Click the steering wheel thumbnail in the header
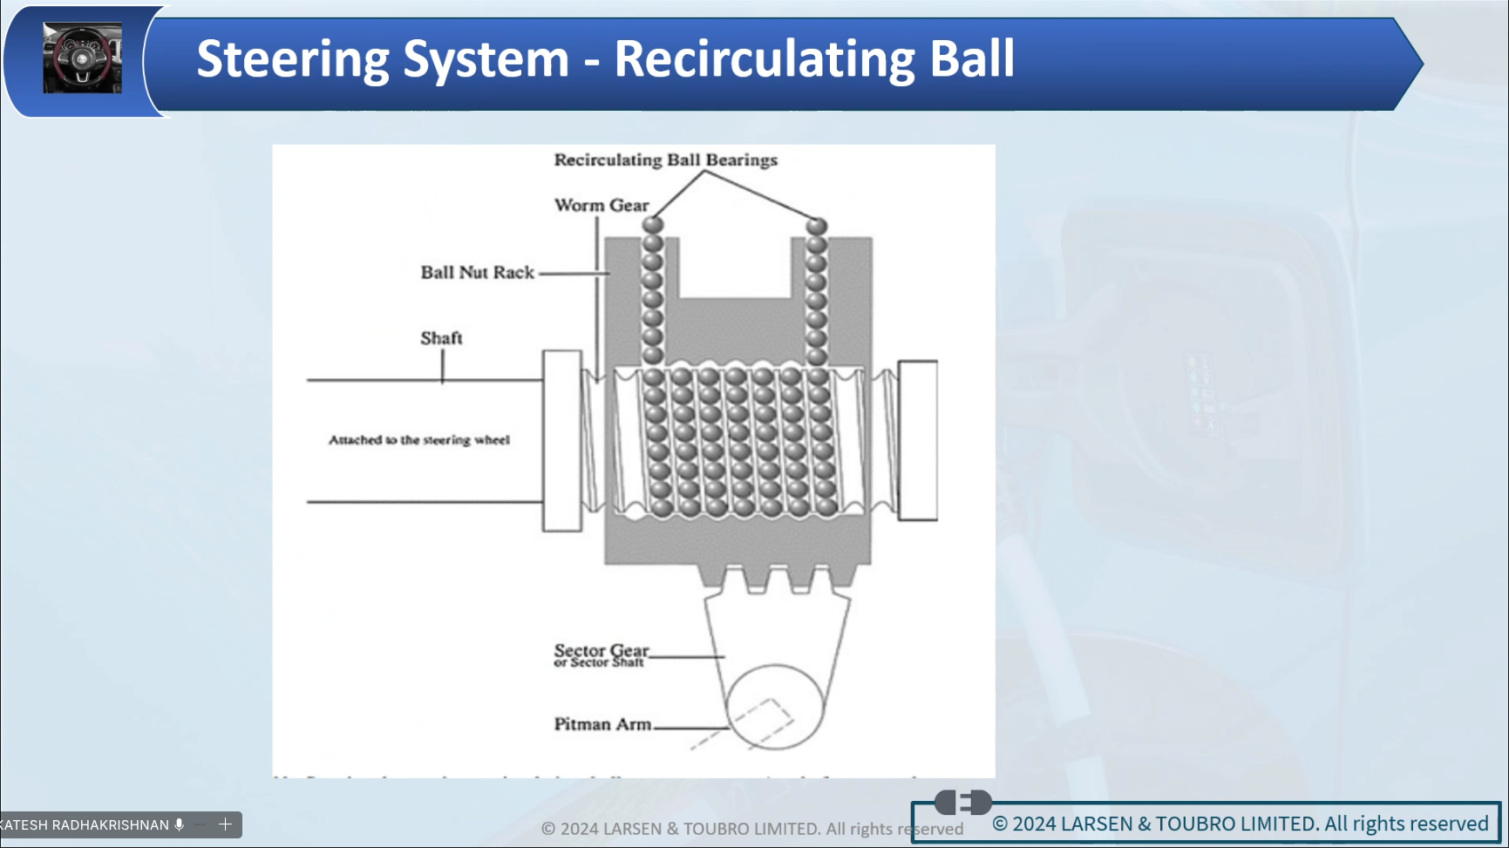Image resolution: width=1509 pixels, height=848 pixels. (x=82, y=58)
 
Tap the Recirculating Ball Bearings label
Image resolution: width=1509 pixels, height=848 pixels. (x=665, y=159)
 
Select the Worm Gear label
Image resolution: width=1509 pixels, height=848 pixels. (x=602, y=205)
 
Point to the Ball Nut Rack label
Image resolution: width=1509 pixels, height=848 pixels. (x=477, y=272)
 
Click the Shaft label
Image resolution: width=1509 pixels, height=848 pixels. (x=441, y=338)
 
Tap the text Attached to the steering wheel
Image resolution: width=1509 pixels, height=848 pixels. (x=418, y=440)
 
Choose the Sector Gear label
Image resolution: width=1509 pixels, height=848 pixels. (x=601, y=651)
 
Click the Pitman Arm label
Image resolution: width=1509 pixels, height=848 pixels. (x=602, y=724)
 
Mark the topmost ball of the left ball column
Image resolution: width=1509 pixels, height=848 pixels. (x=653, y=225)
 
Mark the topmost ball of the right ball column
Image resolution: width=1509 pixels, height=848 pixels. (x=816, y=226)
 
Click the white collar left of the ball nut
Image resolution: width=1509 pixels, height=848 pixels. (x=561, y=440)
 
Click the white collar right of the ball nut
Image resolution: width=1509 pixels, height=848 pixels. (x=917, y=440)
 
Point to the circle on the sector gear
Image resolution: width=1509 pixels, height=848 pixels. (x=774, y=707)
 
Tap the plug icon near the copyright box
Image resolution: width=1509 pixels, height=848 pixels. (x=962, y=802)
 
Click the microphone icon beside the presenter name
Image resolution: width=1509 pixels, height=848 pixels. (x=180, y=824)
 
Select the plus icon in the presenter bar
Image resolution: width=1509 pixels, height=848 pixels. (x=225, y=824)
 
